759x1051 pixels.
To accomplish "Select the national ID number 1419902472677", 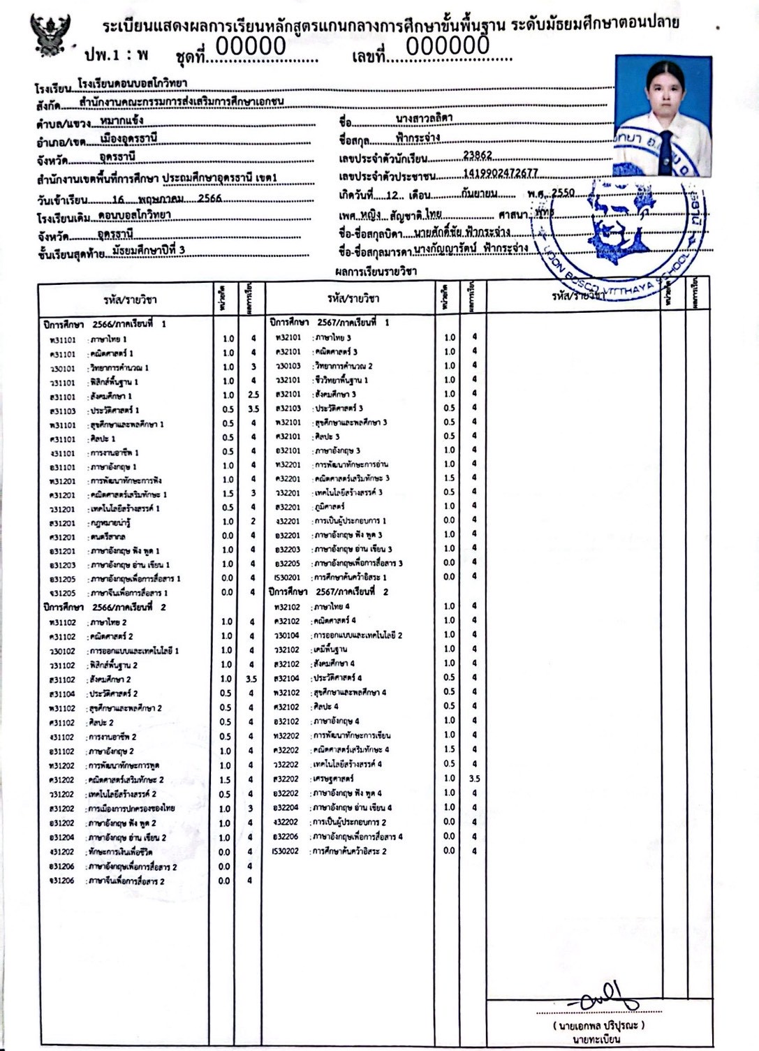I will pos(500,174).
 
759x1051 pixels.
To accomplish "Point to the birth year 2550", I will pos(563,193).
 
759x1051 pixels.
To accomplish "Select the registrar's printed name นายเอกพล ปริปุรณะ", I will pos(599,1025).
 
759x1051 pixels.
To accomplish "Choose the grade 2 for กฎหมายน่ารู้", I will pos(253,522).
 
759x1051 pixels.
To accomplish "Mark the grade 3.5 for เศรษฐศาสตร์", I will pos(475,778).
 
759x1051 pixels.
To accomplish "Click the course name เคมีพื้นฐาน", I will pos(330,649).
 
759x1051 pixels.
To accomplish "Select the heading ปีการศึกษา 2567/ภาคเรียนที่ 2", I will pos(329,591).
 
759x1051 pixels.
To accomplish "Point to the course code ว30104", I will pos(286,635).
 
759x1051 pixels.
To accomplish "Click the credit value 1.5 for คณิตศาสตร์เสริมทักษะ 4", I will pos(449,749).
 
